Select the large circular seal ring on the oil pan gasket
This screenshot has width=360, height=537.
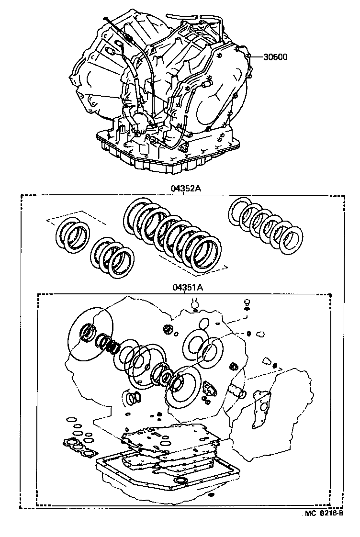pos(181,480)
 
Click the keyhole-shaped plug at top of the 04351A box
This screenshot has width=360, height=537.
pos(194,303)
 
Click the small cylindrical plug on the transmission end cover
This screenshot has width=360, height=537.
pos(207,86)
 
